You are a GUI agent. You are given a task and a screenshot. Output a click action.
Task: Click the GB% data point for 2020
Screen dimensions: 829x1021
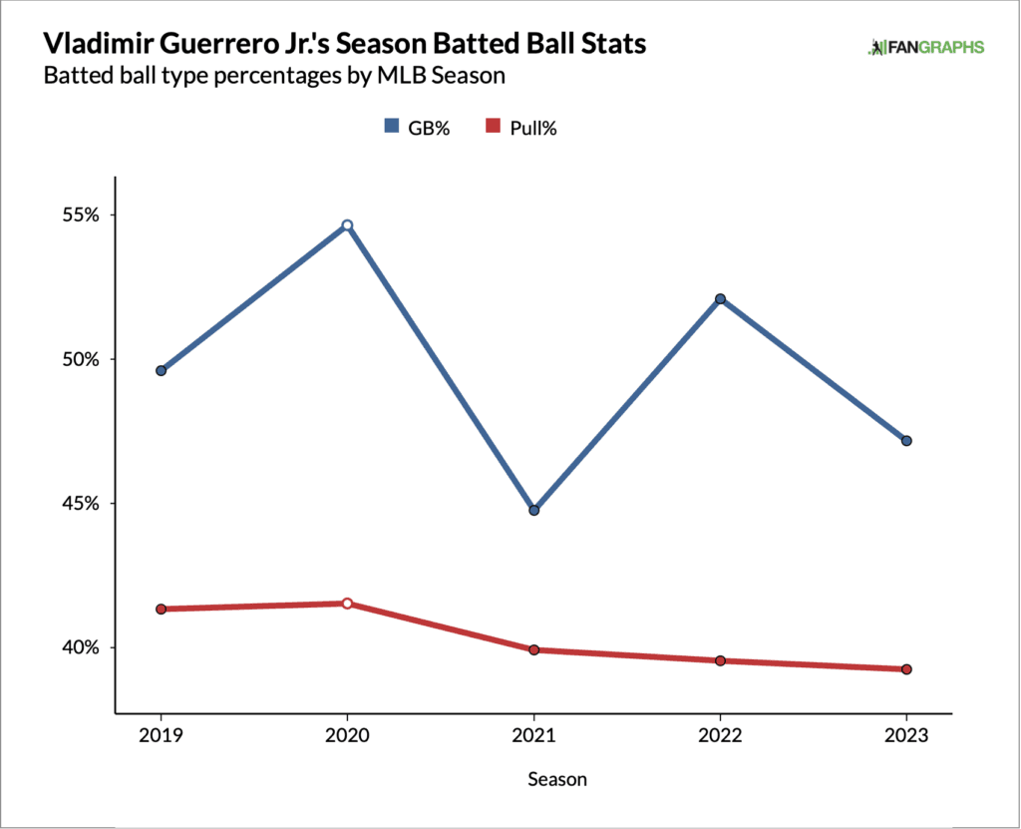point(347,225)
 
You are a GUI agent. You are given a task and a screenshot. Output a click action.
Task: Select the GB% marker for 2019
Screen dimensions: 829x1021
point(161,371)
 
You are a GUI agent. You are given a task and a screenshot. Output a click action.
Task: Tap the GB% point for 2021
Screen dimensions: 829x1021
point(533,510)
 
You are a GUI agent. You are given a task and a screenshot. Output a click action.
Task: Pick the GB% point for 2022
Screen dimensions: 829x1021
point(720,299)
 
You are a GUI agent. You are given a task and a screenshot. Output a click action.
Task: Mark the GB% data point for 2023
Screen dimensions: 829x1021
point(906,441)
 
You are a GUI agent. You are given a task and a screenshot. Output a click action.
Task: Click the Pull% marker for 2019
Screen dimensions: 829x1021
point(161,609)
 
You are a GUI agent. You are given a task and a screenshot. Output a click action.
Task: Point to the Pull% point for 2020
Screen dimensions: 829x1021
point(347,604)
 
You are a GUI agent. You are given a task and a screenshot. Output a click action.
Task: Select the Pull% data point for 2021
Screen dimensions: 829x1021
point(533,649)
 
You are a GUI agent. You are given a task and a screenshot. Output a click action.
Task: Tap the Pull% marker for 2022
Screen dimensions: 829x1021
point(720,660)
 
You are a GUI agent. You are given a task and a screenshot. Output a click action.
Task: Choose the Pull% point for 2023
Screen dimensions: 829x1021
point(906,669)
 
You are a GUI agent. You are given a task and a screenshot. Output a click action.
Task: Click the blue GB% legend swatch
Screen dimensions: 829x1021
point(393,127)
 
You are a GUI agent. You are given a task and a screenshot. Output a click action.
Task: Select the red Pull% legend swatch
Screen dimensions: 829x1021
point(492,127)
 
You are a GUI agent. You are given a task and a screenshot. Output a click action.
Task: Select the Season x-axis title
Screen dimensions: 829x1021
point(557,779)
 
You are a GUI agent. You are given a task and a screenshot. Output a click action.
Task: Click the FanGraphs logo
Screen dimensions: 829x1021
point(926,47)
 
